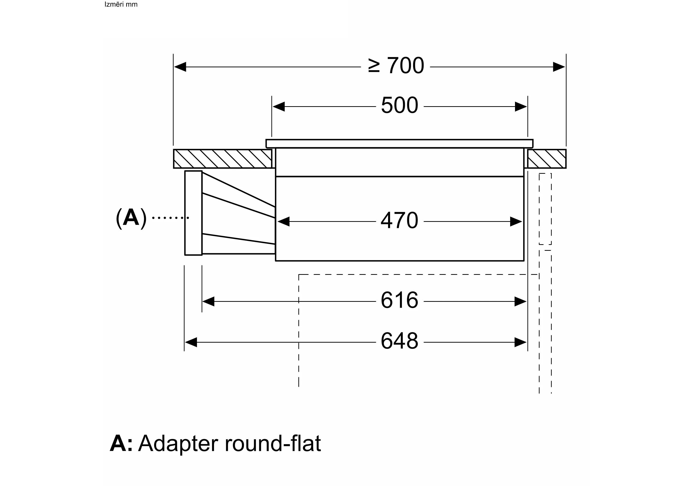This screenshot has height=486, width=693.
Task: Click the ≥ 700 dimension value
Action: click(x=396, y=66)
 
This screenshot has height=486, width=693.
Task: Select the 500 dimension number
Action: click(x=399, y=106)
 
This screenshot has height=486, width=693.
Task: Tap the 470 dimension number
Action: click(x=399, y=221)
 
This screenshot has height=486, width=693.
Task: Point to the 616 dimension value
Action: click(x=399, y=300)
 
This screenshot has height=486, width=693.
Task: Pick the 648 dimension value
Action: click(x=399, y=341)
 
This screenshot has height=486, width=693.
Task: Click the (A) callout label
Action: click(x=131, y=217)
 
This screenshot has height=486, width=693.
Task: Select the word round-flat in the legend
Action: click(x=273, y=444)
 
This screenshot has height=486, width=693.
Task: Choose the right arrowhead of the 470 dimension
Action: click(x=516, y=222)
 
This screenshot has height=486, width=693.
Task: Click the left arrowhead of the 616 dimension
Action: click(x=208, y=301)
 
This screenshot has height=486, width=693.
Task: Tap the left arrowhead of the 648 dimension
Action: click(x=191, y=342)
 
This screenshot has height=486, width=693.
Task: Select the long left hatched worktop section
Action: click(x=223, y=159)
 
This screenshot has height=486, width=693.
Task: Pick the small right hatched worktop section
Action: click(x=547, y=159)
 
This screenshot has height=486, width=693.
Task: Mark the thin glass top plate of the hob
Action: click(x=399, y=144)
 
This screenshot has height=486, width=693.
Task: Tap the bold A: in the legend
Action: click(x=121, y=444)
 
